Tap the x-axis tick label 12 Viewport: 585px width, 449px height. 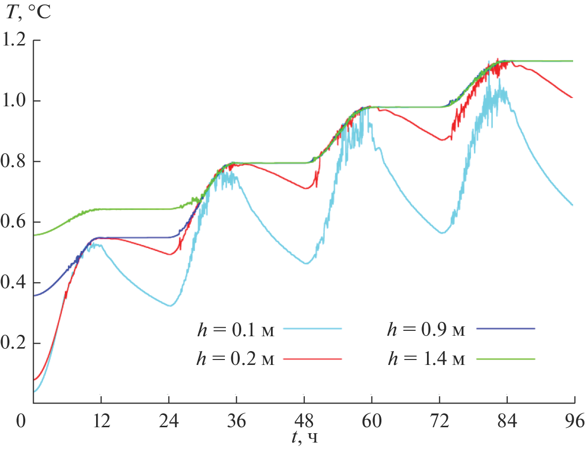click(101, 421)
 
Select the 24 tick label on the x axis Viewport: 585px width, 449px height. click(169, 421)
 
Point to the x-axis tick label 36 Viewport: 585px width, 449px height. click(236, 421)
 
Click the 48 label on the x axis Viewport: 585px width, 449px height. click(304, 421)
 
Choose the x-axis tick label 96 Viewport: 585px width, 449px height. click(574, 421)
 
